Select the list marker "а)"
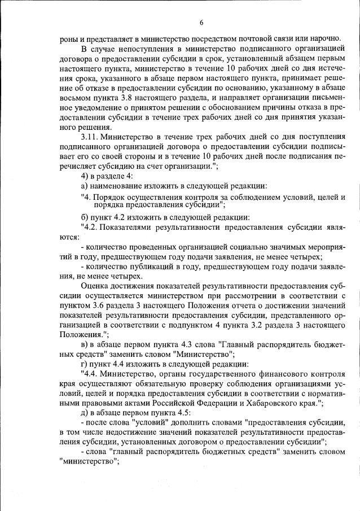click(85, 187)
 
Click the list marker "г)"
click(84, 364)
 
